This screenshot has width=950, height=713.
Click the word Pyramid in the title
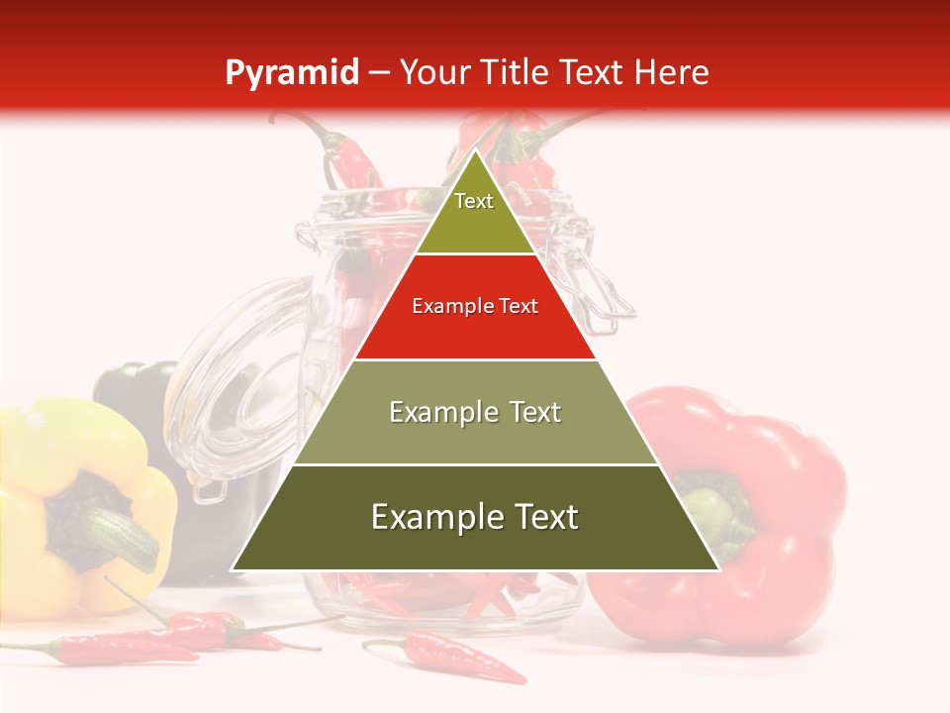tap(291, 73)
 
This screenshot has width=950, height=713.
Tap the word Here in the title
tap(672, 73)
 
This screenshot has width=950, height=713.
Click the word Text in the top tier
tap(474, 201)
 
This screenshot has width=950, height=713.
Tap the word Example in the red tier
tap(443, 307)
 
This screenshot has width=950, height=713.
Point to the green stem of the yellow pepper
tap(119, 530)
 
